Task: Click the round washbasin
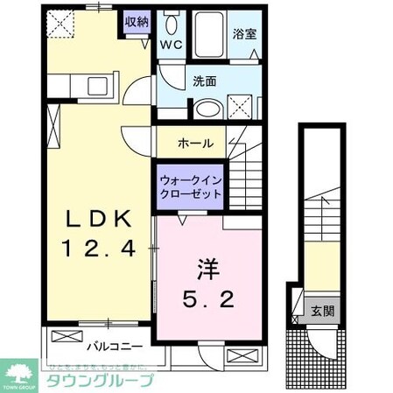click(x=207, y=109)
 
